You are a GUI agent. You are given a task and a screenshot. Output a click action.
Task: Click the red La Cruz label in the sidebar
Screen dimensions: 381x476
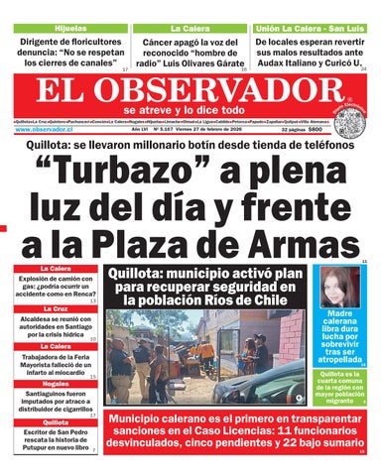(x=55, y=308)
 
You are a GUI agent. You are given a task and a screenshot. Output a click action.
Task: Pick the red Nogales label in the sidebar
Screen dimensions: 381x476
(x=55, y=383)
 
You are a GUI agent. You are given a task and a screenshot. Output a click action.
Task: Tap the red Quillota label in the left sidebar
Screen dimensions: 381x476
(x=55, y=421)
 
